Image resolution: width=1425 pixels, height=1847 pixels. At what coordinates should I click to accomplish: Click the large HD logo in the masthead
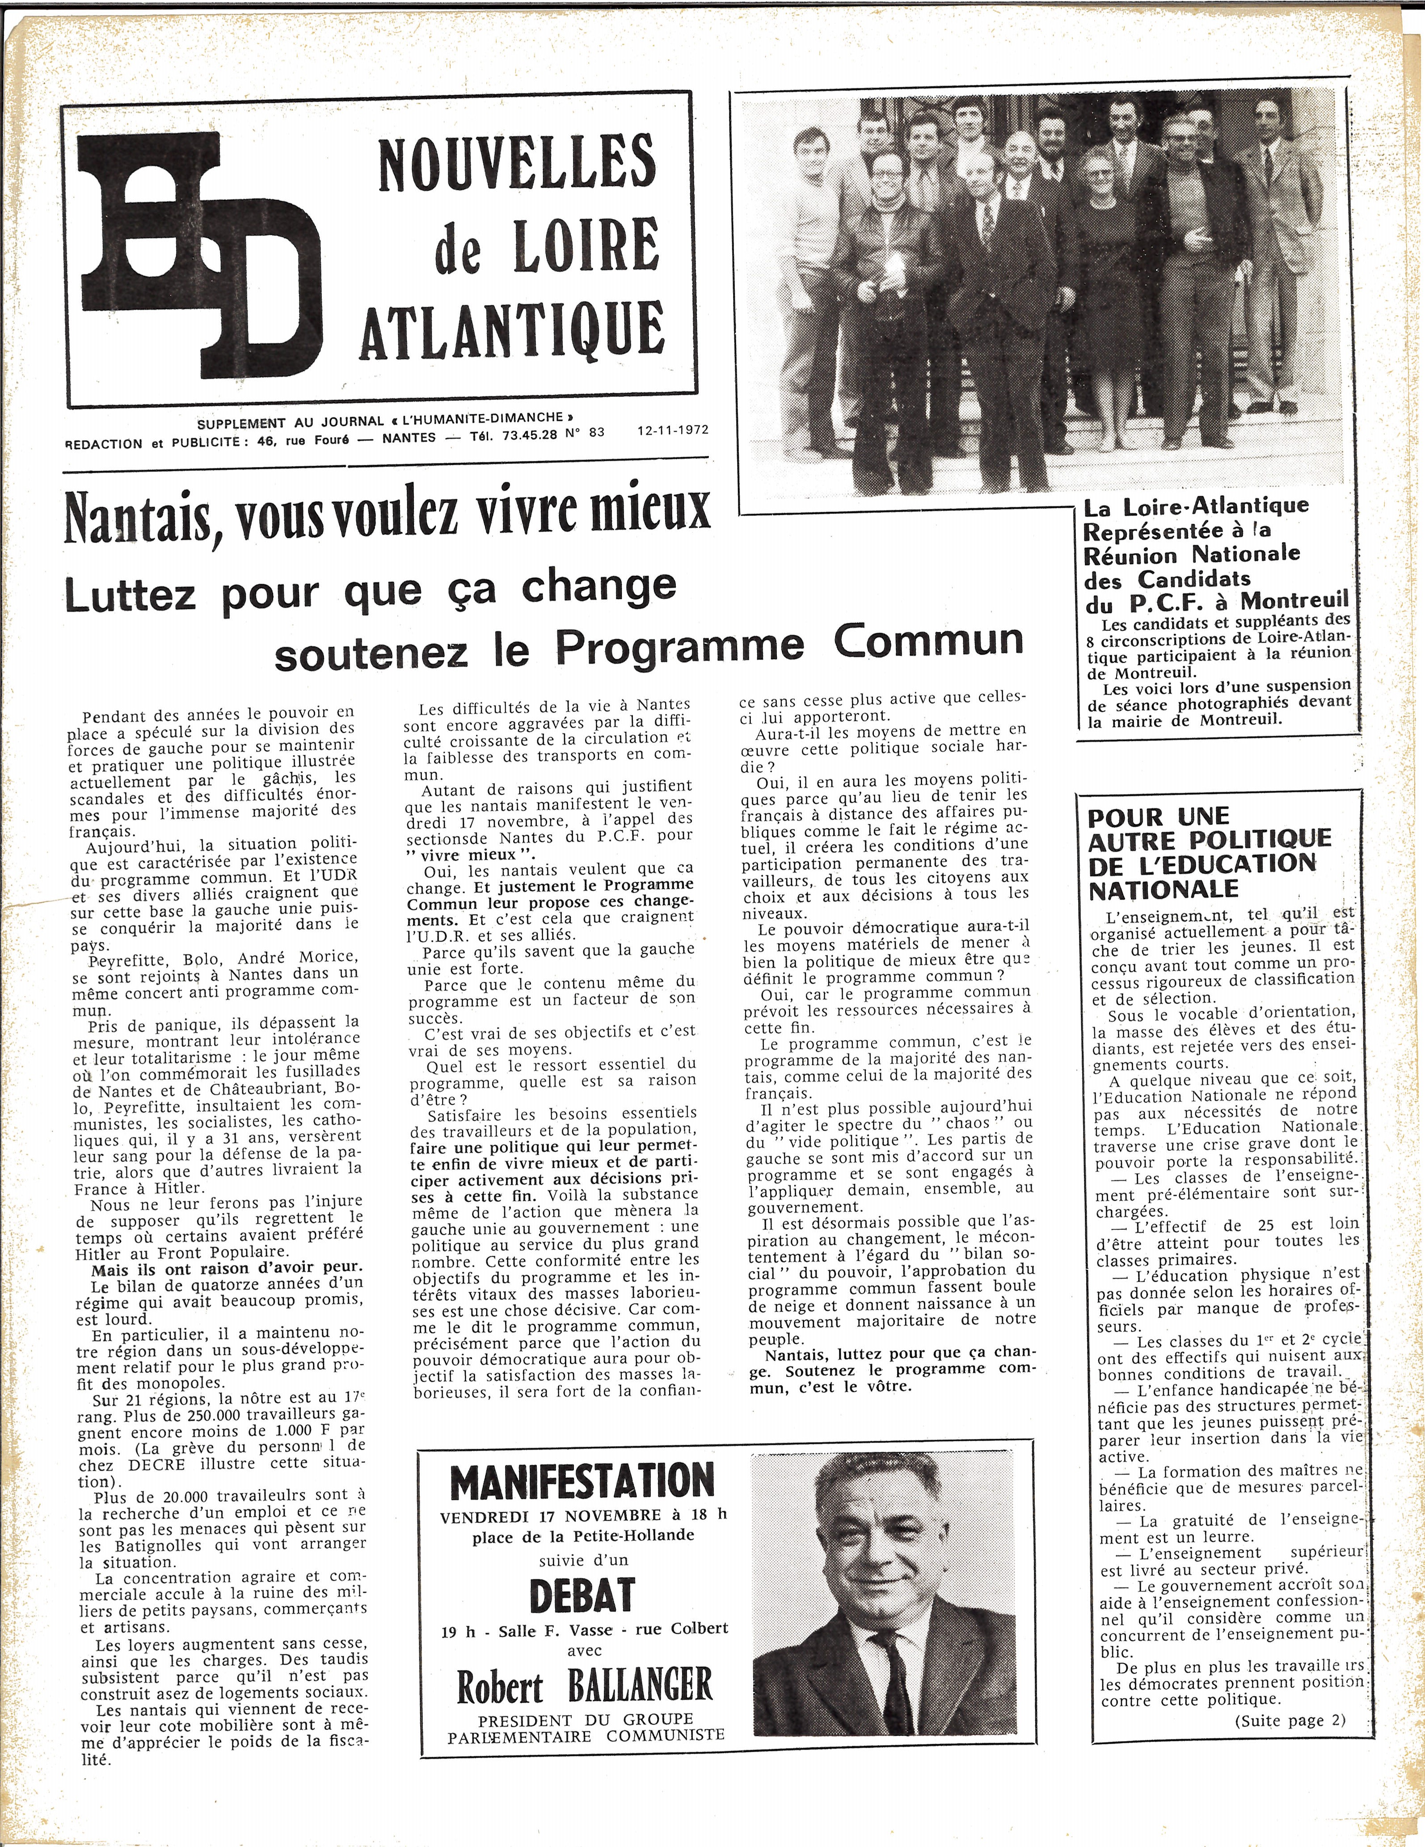pos(199,254)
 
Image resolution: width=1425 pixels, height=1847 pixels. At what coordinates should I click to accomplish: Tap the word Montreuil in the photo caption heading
pos(1294,602)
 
